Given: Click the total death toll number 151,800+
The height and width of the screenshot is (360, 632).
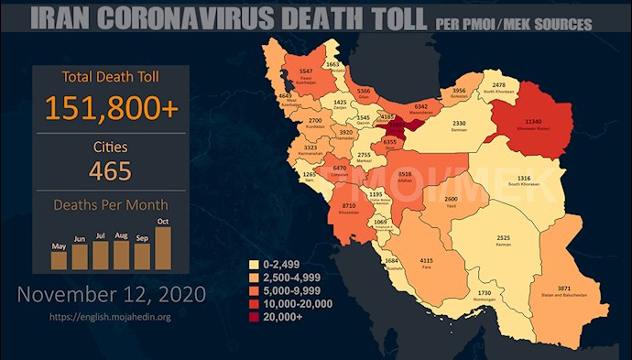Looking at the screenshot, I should (x=111, y=107).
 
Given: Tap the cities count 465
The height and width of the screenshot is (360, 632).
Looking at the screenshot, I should (x=111, y=170).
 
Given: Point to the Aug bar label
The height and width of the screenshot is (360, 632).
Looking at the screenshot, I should (x=121, y=236).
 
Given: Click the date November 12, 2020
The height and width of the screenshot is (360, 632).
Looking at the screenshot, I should (x=111, y=295).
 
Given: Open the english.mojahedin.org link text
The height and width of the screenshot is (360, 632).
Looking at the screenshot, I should (x=111, y=317).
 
